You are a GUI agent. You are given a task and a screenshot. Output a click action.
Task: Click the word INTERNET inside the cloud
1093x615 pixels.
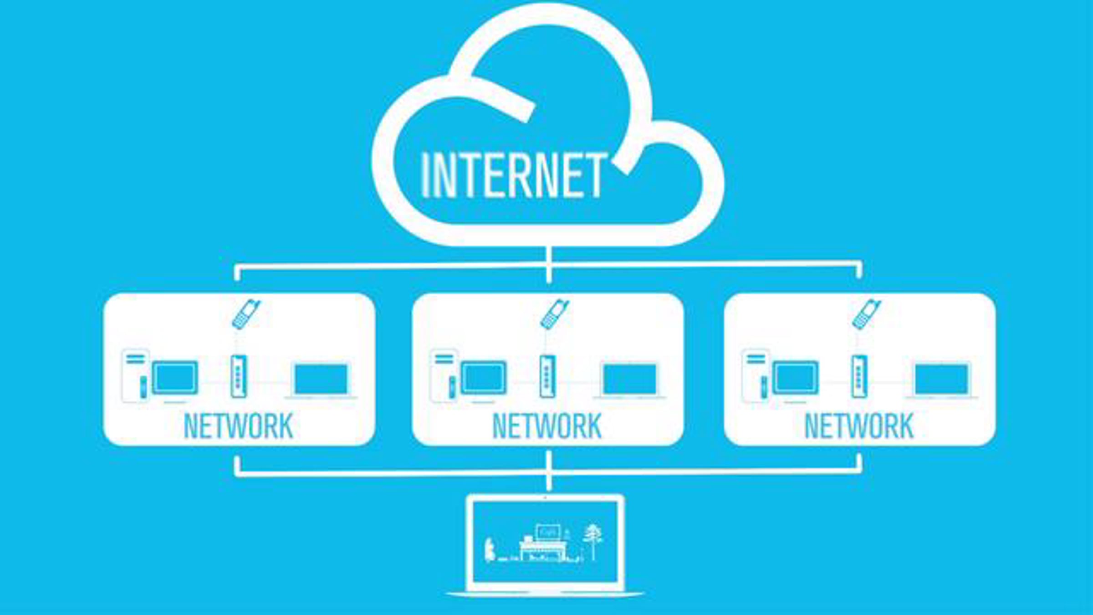tap(514, 175)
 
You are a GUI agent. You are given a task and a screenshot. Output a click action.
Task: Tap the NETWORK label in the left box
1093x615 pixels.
tap(238, 426)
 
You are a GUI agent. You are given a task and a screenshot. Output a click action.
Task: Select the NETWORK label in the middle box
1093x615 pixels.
tap(547, 426)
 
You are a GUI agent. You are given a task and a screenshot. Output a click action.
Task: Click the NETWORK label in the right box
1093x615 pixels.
tap(859, 426)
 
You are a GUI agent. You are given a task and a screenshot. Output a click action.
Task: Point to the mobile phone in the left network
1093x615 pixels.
tap(246, 314)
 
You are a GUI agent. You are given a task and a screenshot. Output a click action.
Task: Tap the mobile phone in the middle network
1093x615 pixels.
tap(554, 314)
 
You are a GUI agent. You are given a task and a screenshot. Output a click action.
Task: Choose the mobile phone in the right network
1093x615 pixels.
tap(866, 314)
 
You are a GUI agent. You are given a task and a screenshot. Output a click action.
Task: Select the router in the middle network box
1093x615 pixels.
tap(547, 376)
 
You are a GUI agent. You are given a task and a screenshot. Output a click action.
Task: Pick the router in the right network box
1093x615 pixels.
tap(859, 376)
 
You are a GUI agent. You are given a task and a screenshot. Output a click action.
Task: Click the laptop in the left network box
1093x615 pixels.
tap(321, 381)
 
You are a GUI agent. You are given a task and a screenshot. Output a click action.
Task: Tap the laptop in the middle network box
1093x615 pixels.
tap(629, 381)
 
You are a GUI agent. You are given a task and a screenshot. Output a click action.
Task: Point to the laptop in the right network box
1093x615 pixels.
tap(941, 381)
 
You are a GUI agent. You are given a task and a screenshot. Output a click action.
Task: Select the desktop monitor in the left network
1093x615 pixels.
tap(175, 378)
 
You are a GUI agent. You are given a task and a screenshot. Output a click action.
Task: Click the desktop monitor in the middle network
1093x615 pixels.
tap(484, 378)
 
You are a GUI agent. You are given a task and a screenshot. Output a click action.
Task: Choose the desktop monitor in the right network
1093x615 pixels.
tap(796, 378)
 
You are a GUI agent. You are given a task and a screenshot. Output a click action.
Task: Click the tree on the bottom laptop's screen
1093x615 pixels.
tap(592, 542)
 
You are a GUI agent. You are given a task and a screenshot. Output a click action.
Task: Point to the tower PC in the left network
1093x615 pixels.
tap(136, 376)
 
